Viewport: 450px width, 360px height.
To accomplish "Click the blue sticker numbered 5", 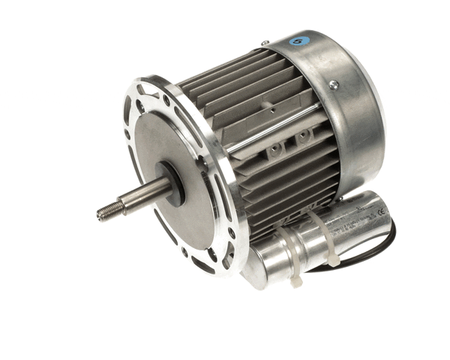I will [299, 40].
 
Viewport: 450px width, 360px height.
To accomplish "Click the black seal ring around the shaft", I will [175, 182].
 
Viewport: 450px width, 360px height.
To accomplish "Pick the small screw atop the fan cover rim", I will [265, 43].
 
